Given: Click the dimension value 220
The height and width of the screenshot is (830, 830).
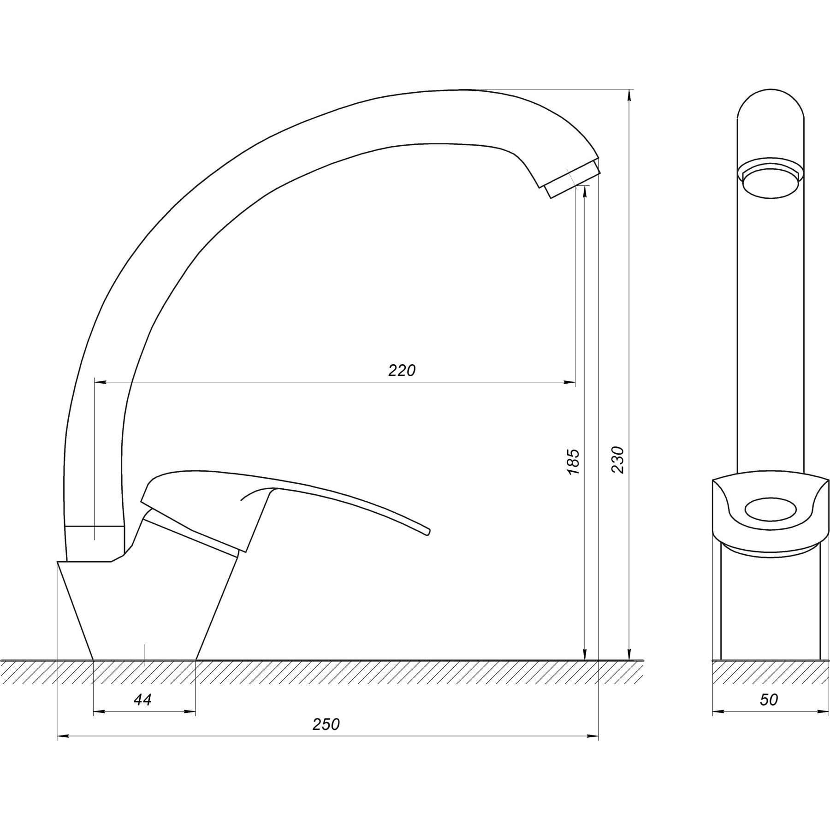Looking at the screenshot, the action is (x=402, y=370).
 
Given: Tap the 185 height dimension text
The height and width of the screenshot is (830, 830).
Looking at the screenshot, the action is (x=572, y=462).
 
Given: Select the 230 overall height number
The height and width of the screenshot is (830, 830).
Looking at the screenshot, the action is (x=617, y=460).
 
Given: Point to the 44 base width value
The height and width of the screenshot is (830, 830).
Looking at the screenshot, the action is (x=142, y=700).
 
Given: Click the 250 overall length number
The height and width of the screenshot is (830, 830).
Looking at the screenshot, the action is (x=326, y=724).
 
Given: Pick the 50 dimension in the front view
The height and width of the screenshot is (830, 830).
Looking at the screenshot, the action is (x=769, y=700).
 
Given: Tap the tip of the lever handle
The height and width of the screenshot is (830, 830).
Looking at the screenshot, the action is (x=428, y=532).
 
